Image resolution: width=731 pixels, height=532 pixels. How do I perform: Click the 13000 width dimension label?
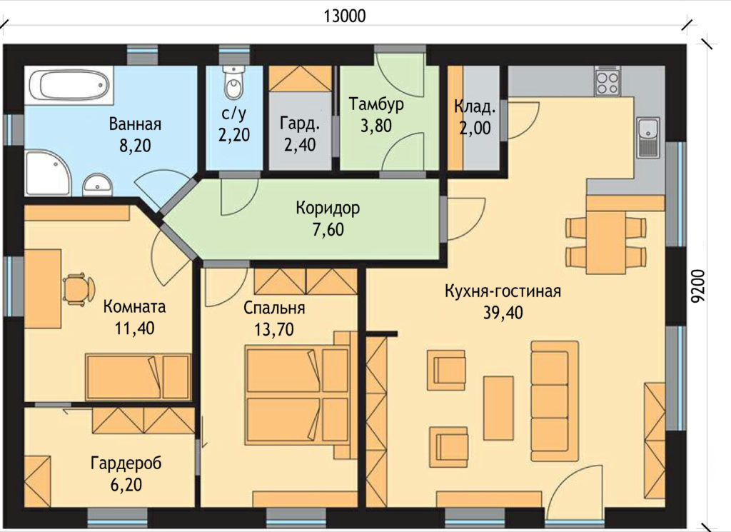[345, 16]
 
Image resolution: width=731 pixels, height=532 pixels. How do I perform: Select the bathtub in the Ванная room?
[69, 85]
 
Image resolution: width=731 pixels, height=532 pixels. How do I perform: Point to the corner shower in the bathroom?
[48, 173]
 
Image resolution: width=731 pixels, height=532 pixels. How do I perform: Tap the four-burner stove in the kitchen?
[608, 81]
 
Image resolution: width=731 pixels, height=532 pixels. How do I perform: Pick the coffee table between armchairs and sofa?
[498, 408]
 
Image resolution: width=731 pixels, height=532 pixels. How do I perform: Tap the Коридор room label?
[328, 208]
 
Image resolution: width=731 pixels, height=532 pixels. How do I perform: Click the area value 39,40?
[503, 312]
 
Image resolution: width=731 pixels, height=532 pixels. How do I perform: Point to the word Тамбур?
[376, 104]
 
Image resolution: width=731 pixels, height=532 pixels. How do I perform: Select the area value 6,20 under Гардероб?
[126, 485]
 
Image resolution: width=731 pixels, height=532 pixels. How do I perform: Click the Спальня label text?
[274, 308]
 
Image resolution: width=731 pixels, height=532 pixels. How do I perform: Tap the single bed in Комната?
[138, 377]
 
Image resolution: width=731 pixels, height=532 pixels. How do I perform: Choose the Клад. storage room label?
[475, 107]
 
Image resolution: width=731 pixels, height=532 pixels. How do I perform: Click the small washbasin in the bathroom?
[97, 185]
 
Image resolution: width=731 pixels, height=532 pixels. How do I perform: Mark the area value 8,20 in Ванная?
[135, 146]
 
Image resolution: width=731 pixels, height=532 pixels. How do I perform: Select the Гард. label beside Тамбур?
[300, 123]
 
